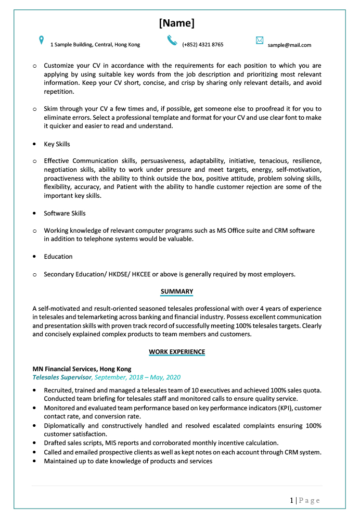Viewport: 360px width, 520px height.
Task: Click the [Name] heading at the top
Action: coord(176,23)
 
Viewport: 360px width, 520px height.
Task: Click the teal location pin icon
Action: coord(42,41)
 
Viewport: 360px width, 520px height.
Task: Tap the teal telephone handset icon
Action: coord(172,41)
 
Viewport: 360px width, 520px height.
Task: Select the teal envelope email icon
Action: coord(260,41)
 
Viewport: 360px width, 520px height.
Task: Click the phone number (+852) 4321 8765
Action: coord(202,45)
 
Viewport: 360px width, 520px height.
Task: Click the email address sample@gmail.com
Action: coord(289,45)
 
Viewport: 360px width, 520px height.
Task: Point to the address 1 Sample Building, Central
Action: coord(95,45)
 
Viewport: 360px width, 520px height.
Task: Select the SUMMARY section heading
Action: coord(177,291)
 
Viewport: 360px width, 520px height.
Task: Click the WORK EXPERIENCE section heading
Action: coord(177,352)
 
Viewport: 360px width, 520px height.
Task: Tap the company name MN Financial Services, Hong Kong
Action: coord(82,369)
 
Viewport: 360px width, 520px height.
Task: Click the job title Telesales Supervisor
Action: coord(62,377)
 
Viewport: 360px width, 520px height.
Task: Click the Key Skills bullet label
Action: coord(57,144)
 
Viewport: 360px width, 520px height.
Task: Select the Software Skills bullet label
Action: coord(65,213)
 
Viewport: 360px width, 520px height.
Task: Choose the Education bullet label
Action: coord(58,257)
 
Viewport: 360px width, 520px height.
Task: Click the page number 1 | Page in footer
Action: coord(305,500)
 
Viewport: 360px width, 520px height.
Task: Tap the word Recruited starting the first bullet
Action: coord(58,390)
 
